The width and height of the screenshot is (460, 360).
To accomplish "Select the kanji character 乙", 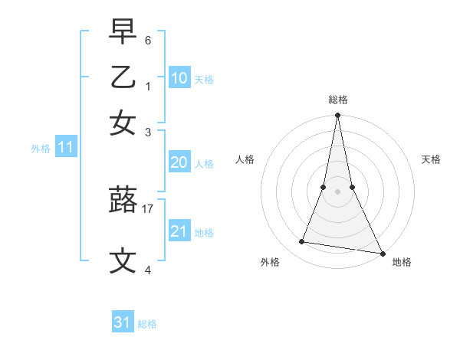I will [123, 77].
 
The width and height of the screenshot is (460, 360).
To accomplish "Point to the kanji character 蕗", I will [123, 201].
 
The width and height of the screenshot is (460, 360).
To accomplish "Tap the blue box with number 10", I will [179, 77].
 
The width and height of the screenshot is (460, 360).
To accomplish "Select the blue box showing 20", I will [179, 162].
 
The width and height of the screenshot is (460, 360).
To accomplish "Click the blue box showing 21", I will [179, 231].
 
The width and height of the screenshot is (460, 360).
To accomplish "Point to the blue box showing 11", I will [65, 148].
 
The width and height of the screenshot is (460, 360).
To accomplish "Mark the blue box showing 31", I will [123, 322].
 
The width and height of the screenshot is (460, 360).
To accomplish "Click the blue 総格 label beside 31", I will [147, 324].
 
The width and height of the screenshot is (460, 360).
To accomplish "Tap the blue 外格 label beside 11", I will [41, 149].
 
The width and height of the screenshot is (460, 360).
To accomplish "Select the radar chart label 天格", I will [432, 159].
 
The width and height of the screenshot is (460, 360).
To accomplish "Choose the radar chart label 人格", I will [245, 159].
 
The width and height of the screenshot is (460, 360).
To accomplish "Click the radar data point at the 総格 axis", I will [337, 116].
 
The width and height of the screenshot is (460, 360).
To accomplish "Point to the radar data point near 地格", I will [382, 253].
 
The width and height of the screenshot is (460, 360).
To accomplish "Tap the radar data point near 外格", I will [302, 242].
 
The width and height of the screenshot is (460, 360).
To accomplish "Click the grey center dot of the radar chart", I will [337, 191].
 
